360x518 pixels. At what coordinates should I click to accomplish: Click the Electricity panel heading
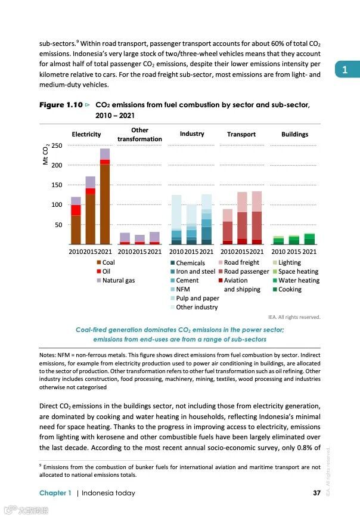point(86,135)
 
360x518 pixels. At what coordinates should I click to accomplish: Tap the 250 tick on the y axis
point(57,145)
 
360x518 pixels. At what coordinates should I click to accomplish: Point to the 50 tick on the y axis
point(59,225)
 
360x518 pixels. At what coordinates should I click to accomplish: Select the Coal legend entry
point(108,262)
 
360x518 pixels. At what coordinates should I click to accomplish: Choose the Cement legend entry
point(187,280)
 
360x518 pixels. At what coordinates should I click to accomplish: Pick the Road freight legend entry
point(241,262)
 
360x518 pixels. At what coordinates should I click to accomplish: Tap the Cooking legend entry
point(290,289)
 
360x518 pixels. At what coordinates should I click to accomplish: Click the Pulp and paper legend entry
point(197,298)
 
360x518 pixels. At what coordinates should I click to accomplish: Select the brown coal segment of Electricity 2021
point(105,203)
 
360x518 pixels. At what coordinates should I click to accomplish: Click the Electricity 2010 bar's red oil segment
point(76,210)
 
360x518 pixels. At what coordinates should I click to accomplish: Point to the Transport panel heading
point(241,135)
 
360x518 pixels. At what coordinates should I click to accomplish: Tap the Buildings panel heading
point(294,135)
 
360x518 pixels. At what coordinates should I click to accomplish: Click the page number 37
point(316,493)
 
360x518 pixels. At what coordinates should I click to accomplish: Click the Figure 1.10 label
point(60,105)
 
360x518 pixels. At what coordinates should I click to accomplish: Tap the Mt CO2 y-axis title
point(46,156)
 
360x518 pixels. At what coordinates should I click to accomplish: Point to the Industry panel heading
point(192,134)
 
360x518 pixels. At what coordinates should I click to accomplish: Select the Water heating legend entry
point(299,280)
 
